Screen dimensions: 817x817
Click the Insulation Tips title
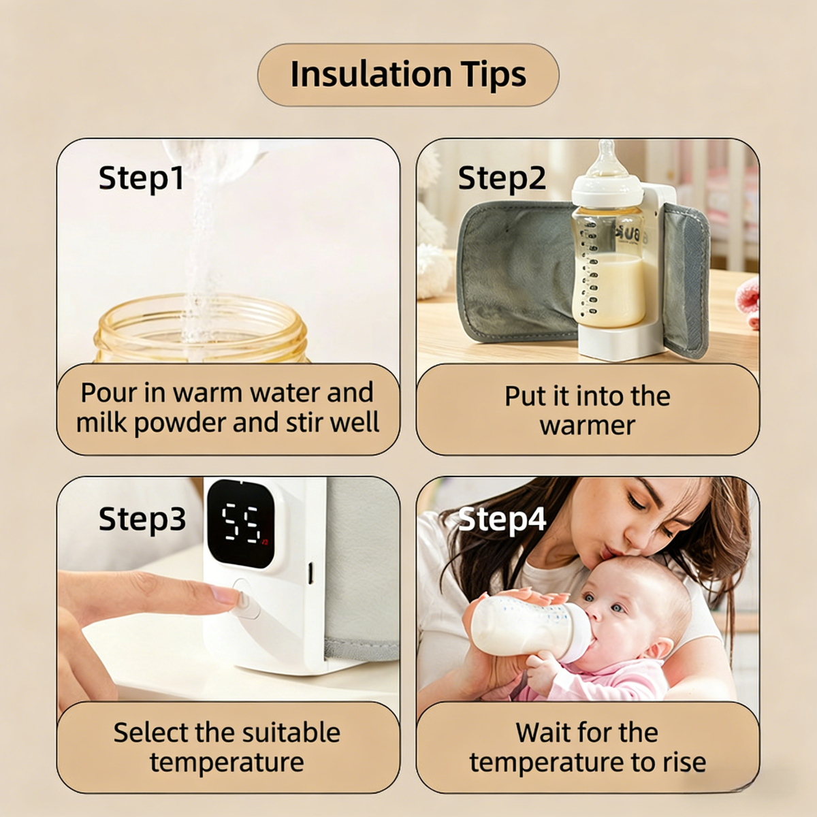(408, 74)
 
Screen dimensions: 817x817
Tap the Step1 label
(141, 178)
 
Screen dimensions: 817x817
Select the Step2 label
(502, 178)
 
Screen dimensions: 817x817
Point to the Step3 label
(142, 519)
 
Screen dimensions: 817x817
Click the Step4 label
(502, 519)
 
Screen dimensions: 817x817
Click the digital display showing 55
(241, 524)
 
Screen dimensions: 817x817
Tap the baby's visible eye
(615, 607)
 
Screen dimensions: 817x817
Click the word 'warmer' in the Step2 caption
(587, 426)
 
